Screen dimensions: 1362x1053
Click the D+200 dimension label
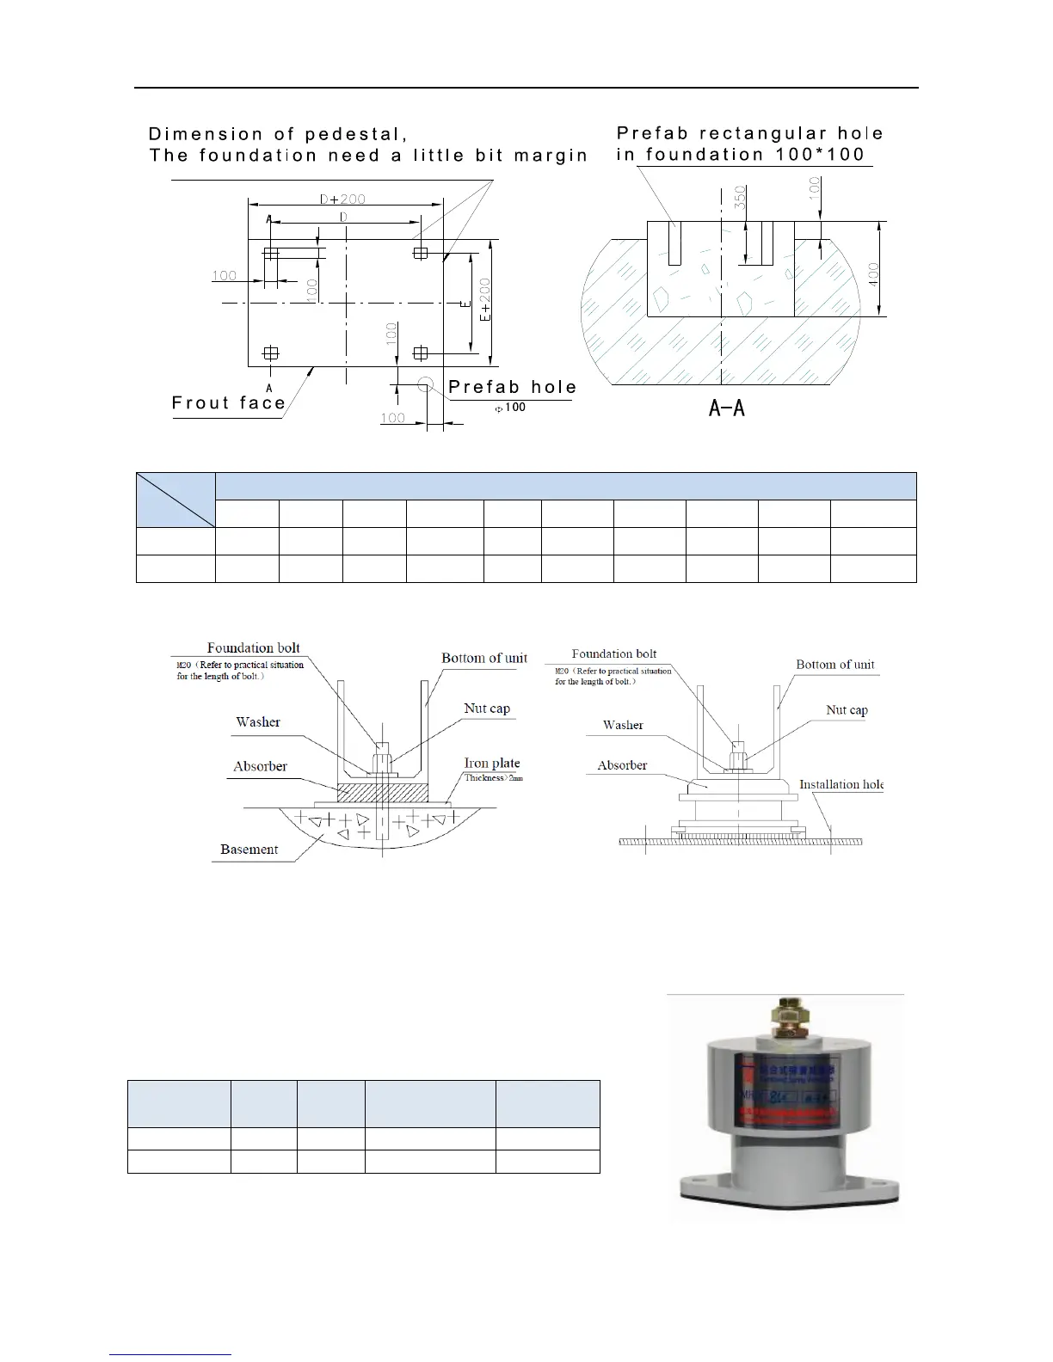click(342, 199)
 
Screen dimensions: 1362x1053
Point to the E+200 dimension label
click(484, 300)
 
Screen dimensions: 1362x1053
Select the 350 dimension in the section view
click(739, 198)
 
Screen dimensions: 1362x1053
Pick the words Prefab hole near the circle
click(512, 387)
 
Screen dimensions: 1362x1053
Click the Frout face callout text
click(229, 403)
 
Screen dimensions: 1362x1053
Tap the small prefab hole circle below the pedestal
click(425, 383)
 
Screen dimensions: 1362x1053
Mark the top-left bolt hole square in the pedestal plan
click(271, 254)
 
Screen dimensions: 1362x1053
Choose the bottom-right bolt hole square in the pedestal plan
click(421, 353)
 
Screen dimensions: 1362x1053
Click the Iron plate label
click(492, 763)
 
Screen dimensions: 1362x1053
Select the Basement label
click(249, 850)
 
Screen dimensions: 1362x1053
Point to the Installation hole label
click(841, 784)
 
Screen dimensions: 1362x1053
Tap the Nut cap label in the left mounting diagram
click(487, 709)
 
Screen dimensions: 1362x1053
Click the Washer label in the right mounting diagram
click(623, 725)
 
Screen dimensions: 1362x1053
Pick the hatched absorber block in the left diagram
click(383, 790)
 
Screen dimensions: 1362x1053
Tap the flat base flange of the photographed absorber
click(787, 1192)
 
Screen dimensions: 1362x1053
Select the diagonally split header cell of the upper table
click(175, 500)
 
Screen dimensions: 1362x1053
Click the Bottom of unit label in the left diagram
click(484, 658)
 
